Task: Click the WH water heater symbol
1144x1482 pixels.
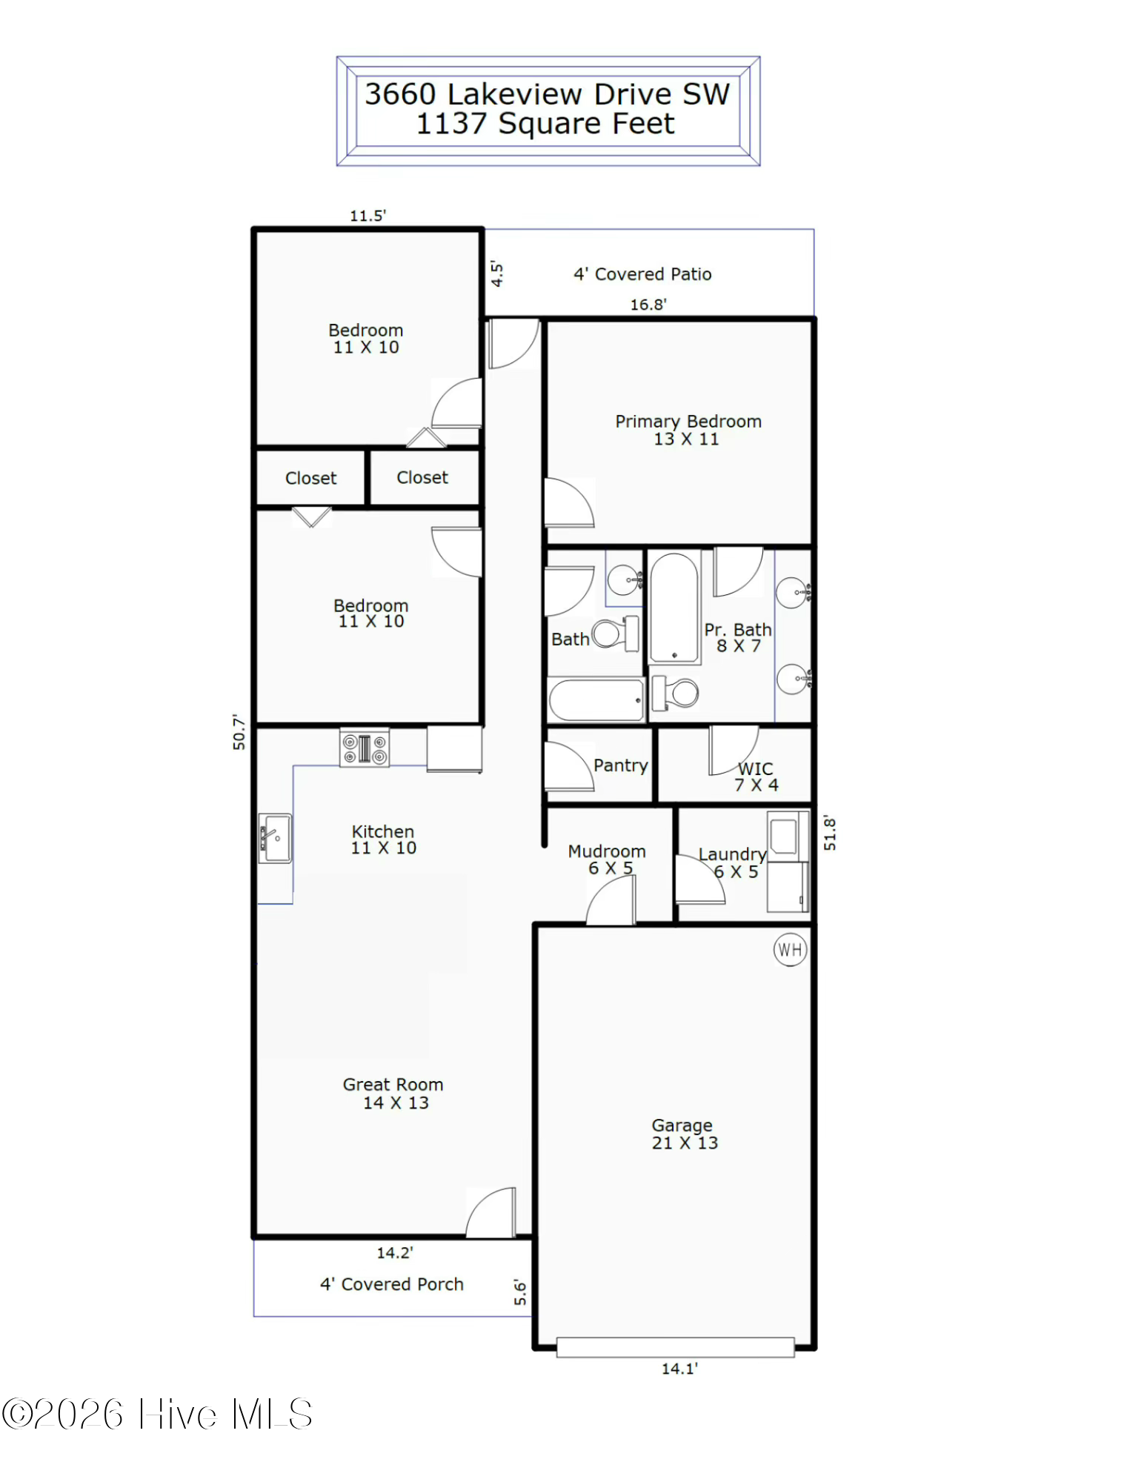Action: [x=790, y=949]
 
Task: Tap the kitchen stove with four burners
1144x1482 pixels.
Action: [x=364, y=747]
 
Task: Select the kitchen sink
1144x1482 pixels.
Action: [x=275, y=838]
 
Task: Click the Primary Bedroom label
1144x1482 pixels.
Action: [x=688, y=421]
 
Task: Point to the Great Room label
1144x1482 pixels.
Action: [x=393, y=1084]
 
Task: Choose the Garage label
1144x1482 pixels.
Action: [x=682, y=1126]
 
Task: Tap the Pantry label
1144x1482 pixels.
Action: [x=621, y=765]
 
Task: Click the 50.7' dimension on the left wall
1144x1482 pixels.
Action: [x=239, y=732]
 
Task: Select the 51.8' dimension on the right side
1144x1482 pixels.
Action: [x=830, y=833]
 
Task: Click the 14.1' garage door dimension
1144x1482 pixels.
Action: [x=679, y=1369]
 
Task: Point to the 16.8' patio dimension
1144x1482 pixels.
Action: [x=648, y=305]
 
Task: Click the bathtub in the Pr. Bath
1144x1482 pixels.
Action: [x=674, y=608]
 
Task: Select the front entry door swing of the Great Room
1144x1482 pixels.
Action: [x=490, y=1212]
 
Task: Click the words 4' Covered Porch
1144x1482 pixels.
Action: [x=392, y=1284]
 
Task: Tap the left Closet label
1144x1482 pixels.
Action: [x=310, y=478]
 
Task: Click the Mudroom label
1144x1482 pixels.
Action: [x=607, y=851]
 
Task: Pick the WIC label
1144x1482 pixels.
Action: [x=755, y=768]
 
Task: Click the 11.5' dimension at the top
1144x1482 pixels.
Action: [x=368, y=216]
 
